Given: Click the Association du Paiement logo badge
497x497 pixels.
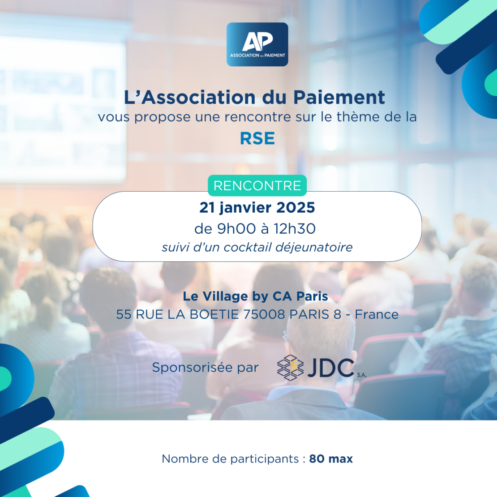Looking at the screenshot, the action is tap(257, 44).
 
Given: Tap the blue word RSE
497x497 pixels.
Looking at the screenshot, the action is tap(257, 138).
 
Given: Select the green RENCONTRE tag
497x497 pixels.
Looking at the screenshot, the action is tap(257, 185).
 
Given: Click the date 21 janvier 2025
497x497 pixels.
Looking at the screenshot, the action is tap(257, 208).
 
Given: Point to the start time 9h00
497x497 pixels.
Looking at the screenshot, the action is tap(236, 228).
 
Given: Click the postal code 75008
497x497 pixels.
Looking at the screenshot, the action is tap(264, 314).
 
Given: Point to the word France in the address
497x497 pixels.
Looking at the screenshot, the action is tap(377, 314).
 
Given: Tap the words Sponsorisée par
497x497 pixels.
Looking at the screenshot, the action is tap(206, 367).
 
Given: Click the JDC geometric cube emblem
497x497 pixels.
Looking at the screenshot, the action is tap(290, 368).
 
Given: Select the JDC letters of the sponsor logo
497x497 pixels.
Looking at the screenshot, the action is tap(330, 368).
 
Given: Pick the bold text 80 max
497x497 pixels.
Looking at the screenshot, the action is tap(331, 459).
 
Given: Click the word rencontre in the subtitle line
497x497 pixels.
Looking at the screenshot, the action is tap(258, 117).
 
